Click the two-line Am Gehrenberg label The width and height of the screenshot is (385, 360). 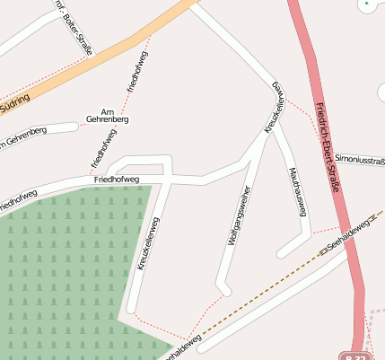coord(108,114)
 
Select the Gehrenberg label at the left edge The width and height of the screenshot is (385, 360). coord(22,137)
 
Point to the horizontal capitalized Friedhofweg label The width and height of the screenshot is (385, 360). coord(117,180)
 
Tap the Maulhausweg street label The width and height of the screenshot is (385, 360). coord(298,191)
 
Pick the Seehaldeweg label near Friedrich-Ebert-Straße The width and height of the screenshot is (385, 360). coord(349,235)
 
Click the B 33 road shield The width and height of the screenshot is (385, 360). coord(359,354)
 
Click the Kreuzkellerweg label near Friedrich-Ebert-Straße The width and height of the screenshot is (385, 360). coord(276,107)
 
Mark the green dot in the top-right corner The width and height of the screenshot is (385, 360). coord(366,5)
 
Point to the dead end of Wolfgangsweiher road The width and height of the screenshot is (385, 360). coord(225,290)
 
